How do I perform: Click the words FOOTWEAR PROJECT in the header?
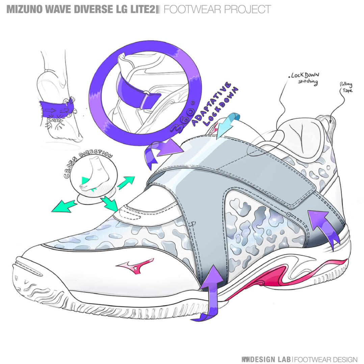[217, 9]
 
